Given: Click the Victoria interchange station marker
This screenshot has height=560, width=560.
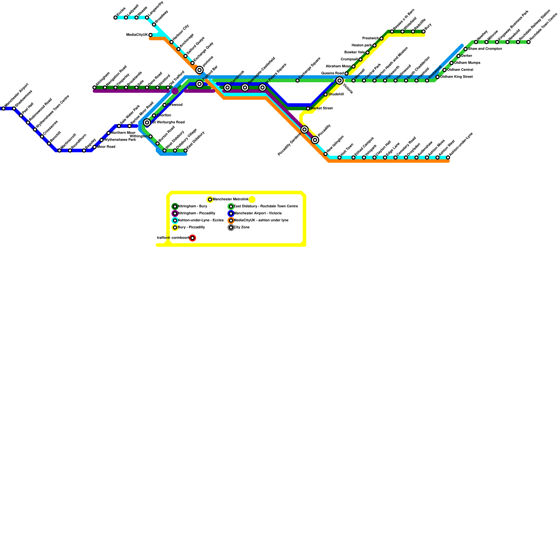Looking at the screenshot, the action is tap(339, 81).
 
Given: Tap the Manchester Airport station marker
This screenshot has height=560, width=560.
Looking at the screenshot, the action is tap(3, 108).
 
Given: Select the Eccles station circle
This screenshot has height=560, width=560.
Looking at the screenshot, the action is tap(115, 17).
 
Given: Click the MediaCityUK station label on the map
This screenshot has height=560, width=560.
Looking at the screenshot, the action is tap(137, 35).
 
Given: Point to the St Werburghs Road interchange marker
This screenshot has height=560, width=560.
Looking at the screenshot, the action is tap(147, 122).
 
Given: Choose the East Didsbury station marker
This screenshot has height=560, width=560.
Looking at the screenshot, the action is tap(185, 150).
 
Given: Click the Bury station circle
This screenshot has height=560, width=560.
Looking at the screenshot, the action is tap(423, 31).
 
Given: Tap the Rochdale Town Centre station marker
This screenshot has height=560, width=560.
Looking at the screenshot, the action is tap(528, 42).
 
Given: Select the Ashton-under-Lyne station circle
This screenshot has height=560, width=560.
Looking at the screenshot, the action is tap(448, 157).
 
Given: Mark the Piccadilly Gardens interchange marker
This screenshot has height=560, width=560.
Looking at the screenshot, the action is tap(304, 129).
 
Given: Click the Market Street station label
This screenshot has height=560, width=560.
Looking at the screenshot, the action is tap(321, 108).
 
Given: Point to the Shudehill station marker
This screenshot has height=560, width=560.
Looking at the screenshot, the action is tap(325, 94).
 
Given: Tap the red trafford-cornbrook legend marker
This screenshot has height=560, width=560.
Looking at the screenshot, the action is tap(192, 238).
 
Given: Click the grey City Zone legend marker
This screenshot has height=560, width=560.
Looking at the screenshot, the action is tap(231, 227).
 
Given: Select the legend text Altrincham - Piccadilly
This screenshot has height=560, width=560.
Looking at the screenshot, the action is tap(196, 213).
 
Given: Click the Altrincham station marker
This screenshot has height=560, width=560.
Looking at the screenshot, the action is tap(94, 87).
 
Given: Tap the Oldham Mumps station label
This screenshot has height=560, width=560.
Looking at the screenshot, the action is tap(467, 63).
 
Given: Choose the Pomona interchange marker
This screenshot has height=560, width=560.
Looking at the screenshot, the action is tap(199, 70).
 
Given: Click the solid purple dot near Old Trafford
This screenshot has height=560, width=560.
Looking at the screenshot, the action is tap(175, 91).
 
